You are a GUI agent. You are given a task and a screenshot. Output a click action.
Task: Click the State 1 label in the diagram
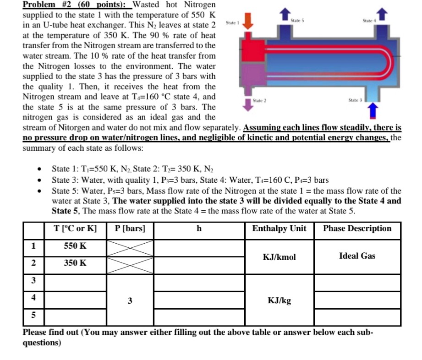point(232,23)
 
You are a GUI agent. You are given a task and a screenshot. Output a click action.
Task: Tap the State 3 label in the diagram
point(355,100)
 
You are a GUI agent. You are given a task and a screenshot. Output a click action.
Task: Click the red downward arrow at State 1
point(248,21)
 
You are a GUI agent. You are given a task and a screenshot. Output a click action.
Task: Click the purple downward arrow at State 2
point(247,105)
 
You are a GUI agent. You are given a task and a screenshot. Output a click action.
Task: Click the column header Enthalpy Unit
point(279,229)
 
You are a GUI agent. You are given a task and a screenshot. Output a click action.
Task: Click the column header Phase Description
point(357,229)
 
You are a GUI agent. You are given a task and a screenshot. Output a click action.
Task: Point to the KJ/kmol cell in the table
point(279,257)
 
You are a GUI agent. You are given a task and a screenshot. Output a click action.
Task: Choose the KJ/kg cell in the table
point(279,301)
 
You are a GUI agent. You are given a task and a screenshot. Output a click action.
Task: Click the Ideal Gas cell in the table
point(357,256)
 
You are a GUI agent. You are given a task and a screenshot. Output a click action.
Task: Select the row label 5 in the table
point(33,316)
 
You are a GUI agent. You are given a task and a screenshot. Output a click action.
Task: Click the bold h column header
point(199,229)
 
